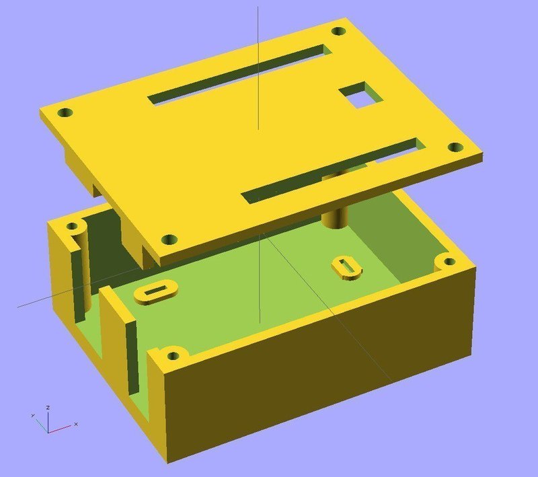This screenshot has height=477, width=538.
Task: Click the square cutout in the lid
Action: (359, 96)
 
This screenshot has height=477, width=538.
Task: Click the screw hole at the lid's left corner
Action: (65, 113)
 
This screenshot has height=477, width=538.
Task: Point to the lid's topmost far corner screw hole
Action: (338, 31)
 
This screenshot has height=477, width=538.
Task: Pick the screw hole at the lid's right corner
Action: (456, 147)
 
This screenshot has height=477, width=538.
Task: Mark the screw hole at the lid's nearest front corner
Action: (169, 239)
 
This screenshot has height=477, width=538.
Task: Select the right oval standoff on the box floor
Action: (346, 266)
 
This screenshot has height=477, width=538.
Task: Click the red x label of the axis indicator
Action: (76, 425)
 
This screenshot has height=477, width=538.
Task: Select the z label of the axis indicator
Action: (47, 408)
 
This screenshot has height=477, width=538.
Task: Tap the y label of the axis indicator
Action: (32, 416)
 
